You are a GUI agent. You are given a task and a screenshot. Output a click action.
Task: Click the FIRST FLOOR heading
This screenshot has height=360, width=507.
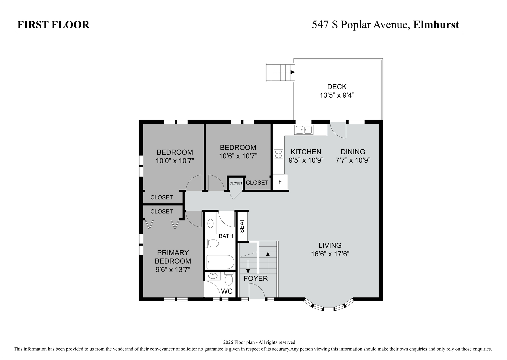point(53,25)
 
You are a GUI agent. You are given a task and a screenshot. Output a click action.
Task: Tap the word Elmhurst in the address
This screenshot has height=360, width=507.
point(436,25)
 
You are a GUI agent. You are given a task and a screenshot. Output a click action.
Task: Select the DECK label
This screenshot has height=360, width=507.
point(337,87)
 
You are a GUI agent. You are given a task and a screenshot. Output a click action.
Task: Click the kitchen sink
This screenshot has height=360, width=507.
point(303,130)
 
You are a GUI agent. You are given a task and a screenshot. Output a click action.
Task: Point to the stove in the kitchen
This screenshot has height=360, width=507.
point(278,154)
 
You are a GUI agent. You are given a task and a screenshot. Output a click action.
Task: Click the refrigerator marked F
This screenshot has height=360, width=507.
point(280,182)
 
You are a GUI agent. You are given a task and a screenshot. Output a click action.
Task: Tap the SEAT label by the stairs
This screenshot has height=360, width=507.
point(242,226)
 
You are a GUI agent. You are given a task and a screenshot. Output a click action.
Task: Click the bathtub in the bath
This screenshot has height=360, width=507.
point(220,262)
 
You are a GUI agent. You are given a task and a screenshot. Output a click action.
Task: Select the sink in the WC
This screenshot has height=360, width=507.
point(212,276)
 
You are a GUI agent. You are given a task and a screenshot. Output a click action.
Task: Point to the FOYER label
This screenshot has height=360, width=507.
point(256,279)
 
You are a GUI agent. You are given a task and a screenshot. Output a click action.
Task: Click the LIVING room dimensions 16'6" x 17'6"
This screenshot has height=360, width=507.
point(330,254)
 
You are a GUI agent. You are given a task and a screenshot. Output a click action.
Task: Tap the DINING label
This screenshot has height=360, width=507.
point(353,152)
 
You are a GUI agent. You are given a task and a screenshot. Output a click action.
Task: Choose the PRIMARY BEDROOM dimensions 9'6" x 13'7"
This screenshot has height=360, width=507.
point(173,270)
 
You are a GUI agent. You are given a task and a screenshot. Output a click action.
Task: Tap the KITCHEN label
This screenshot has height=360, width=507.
point(306,152)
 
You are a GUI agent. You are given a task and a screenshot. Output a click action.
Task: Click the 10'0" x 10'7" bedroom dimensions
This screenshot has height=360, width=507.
point(175,161)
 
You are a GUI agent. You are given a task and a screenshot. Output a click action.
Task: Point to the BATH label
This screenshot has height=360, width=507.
point(226,236)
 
